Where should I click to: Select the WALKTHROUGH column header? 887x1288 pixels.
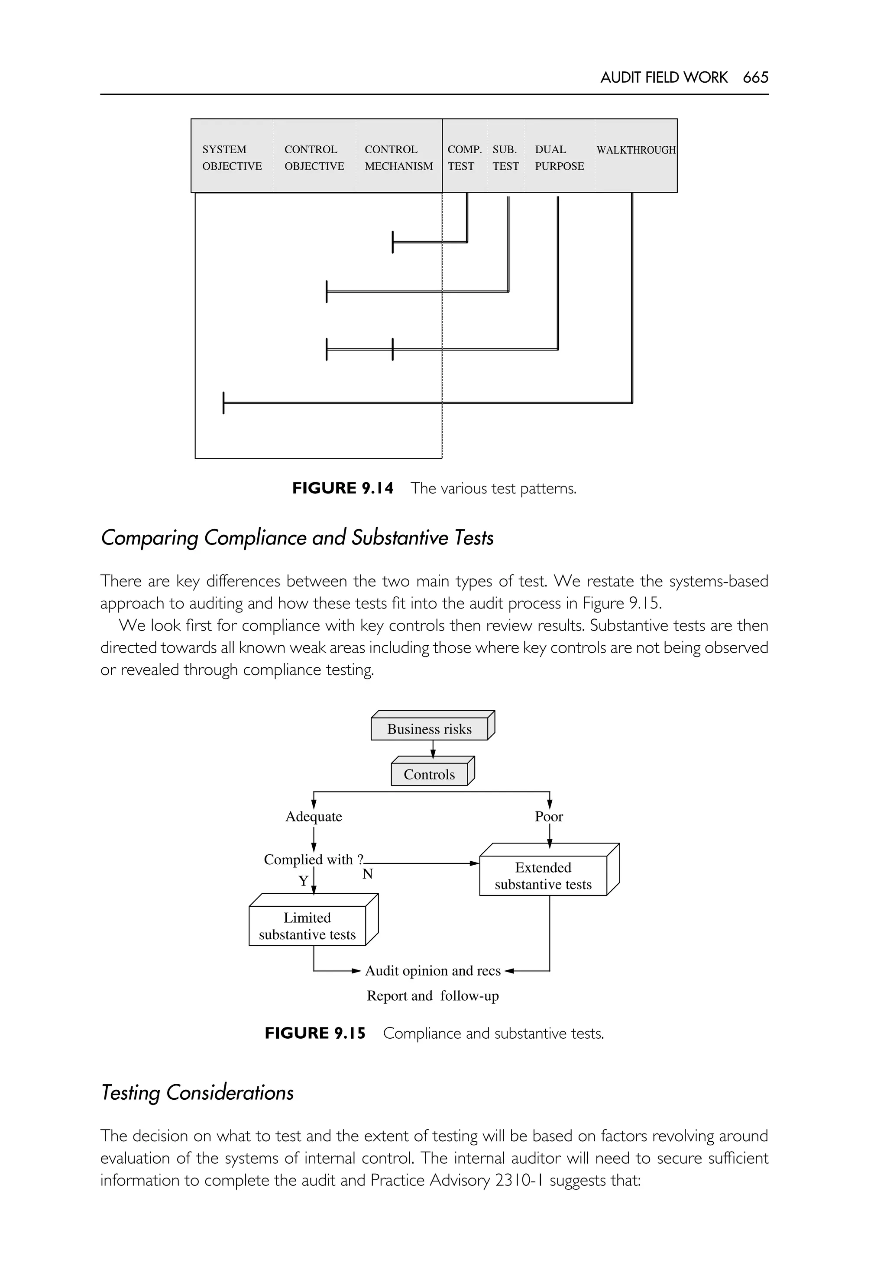pos(635,150)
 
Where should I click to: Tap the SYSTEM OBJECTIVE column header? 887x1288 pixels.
pos(231,158)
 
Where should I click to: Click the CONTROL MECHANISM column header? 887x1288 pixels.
pos(398,158)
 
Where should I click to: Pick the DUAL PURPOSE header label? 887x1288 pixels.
pos(559,158)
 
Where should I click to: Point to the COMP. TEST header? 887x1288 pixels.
pos(463,158)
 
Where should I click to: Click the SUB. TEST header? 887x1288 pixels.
pos(505,158)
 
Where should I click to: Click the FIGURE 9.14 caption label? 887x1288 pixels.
pos(342,488)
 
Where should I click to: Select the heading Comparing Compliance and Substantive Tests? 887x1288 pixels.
pos(297,538)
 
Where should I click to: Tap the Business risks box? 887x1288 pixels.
pos(429,729)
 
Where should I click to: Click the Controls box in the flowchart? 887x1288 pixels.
pos(429,774)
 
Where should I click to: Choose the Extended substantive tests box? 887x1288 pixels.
pos(543,876)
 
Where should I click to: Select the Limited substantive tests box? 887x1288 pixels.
pos(308,926)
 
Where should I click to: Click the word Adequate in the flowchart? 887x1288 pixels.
pos(314,816)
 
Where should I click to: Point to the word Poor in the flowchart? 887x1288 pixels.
pos(549,816)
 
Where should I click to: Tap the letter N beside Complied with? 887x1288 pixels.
pos(367,874)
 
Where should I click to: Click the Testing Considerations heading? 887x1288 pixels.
pos(197,1092)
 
